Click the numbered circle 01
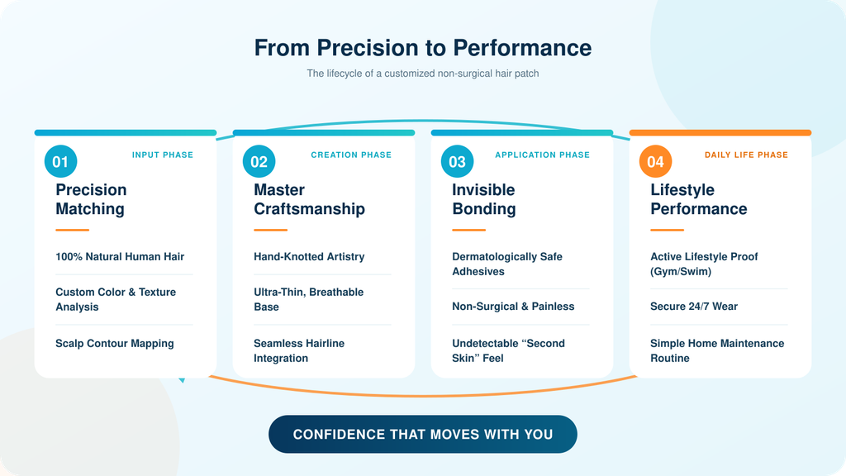pos(60,161)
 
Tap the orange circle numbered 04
pos(655,161)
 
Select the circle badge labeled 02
pos(259,161)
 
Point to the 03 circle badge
pos(457,161)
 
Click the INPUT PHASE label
pos(163,155)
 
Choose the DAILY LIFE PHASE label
pos(746,155)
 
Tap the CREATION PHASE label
pos(351,155)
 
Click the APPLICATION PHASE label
pos(542,155)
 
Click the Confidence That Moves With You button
pos(423,434)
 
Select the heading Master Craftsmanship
pos(309,199)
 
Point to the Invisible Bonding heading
pos(484,199)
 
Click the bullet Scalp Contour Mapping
pos(114,343)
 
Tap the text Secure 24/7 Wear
pos(694,307)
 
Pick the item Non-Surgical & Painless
pos(513,307)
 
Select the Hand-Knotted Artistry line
pos(309,257)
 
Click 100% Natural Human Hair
pos(120,257)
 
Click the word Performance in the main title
pos(522,47)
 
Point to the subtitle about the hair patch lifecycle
pos(423,74)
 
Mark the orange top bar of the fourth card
pos(720,133)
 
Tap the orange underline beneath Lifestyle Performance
pos(667,230)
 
